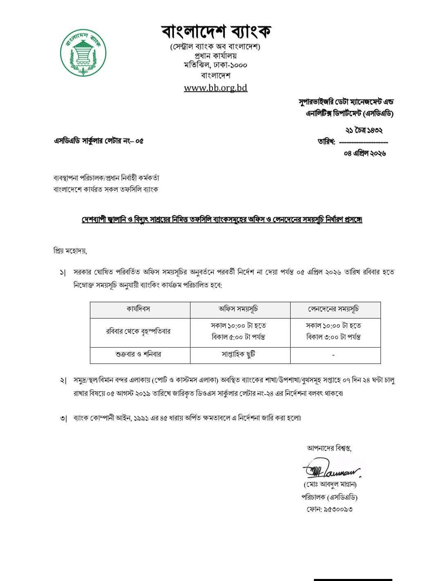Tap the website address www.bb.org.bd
[215, 87]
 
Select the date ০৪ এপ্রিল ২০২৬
[365, 153]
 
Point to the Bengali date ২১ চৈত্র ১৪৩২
[364, 130]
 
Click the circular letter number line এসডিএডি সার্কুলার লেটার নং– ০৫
[98, 141]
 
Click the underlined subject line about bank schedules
[222, 220]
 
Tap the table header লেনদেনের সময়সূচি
[334, 309]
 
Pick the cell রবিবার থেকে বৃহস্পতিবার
[138, 332]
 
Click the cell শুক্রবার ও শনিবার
[138, 354]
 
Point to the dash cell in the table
[334, 355]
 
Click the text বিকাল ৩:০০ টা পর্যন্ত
[334, 337]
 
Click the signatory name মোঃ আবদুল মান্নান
[330, 485]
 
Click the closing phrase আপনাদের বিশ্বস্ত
[329, 448]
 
